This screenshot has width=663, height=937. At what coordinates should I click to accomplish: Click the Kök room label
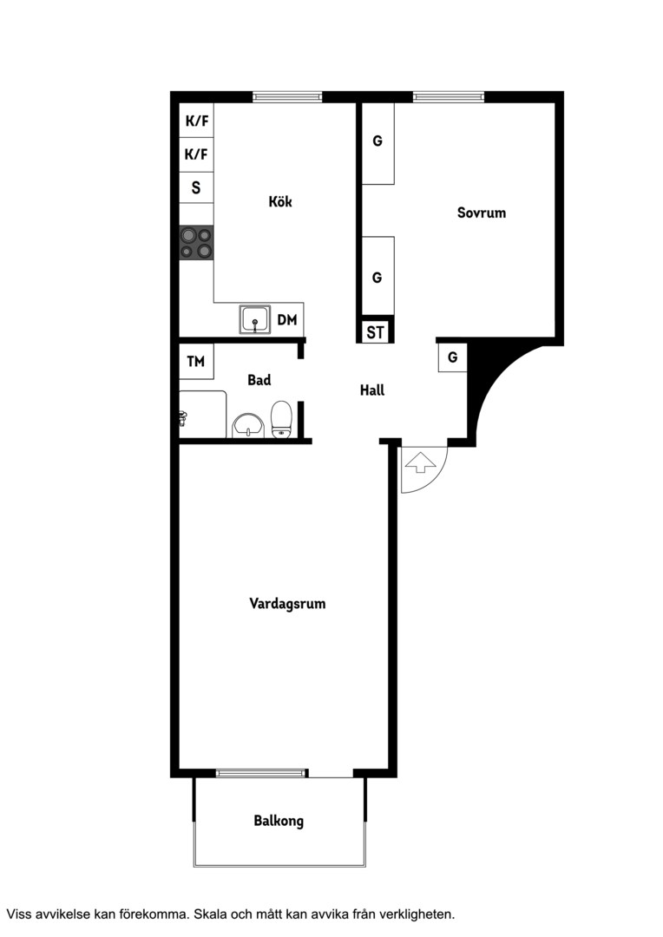click(x=280, y=201)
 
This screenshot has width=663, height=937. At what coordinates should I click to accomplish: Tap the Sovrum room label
click(x=482, y=213)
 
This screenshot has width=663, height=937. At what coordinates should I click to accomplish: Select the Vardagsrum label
click(x=287, y=604)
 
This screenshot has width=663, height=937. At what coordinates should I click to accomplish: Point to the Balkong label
click(x=279, y=821)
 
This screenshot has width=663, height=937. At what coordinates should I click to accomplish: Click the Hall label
click(x=372, y=390)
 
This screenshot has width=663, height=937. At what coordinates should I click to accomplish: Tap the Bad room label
click(x=259, y=380)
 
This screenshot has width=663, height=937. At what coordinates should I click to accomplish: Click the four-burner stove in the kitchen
click(x=197, y=243)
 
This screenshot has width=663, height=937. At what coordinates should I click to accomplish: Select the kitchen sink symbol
click(x=255, y=319)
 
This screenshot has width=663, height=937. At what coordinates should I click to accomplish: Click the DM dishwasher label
click(x=287, y=320)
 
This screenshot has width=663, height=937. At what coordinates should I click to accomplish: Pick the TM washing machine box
click(x=197, y=362)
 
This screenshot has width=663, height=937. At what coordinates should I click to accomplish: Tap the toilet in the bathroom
click(x=281, y=419)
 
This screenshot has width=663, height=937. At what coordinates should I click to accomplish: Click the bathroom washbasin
click(x=248, y=425)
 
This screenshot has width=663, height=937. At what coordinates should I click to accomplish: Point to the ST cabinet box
click(x=376, y=332)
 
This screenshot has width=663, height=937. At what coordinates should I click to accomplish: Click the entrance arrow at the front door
click(x=420, y=462)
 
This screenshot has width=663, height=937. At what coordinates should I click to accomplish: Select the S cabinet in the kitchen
click(x=197, y=187)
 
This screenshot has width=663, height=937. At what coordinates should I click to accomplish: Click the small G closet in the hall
click(x=453, y=357)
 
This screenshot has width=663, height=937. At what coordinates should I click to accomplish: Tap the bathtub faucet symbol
click(x=184, y=418)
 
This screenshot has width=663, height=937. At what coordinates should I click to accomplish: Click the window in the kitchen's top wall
click(x=287, y=96)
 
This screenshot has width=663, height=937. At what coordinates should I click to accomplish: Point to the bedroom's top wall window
click(x=449, y=96)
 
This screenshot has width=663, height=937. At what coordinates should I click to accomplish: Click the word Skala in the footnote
click(x=210, y=914)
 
